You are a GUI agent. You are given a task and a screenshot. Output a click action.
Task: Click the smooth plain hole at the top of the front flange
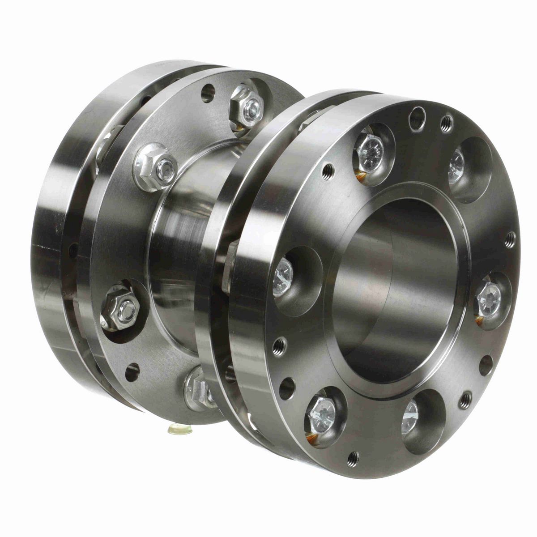[x=417, y=118]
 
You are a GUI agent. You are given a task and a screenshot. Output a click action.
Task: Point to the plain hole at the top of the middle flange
[x=208, y=93]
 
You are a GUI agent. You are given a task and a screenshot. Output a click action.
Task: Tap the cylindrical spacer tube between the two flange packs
[x=188, y=233]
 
